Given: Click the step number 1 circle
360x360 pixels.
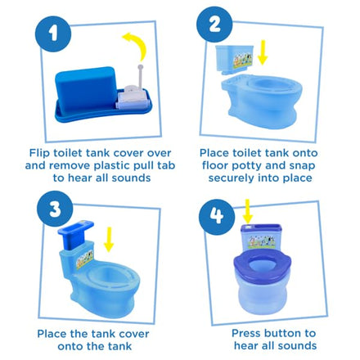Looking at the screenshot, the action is click(x=53, y=34).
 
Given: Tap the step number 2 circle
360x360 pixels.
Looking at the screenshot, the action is click(x=214, y=25).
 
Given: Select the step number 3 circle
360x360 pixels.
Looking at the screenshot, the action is click(x=55, y=209).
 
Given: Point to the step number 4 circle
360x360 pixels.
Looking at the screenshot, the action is click(x=217, y=217).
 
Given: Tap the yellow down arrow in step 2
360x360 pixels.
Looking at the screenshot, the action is click(x=263, y=52).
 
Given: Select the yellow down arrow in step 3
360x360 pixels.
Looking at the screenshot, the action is click(x=109, y=239).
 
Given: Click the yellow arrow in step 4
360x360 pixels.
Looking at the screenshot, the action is click(x=247, y=211).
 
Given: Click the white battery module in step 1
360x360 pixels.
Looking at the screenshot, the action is click(x=133, y=97).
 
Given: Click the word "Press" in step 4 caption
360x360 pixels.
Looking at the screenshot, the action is click(x=246, y=333).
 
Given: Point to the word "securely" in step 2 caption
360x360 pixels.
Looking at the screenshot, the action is click(x=232, y=178).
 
